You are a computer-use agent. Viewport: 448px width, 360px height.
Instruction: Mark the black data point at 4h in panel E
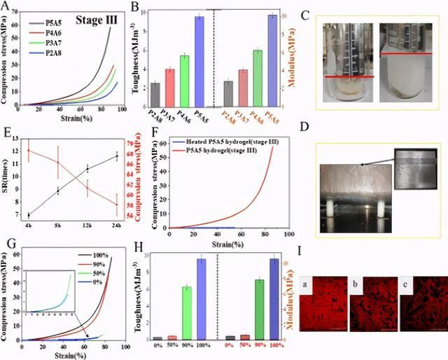pos(28,215)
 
